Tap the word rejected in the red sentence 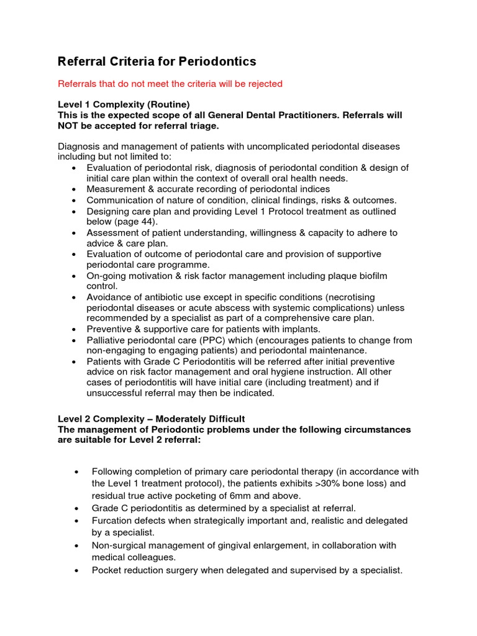click(x=264, y=84)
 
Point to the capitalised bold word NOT click(x=71, y=125)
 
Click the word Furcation click(x=114, y=520)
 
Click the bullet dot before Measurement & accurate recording click(x=75, y=189)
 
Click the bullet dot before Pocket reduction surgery click(x=76, y=570)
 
